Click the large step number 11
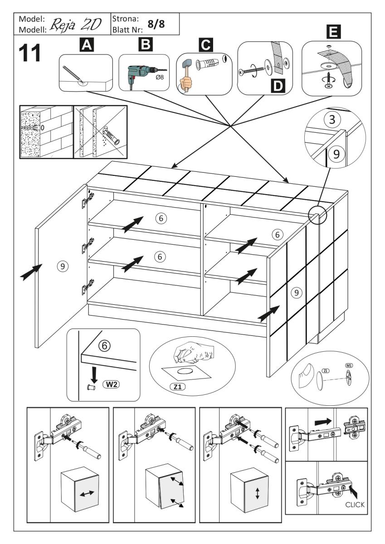point(29,53)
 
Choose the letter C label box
point(205,45)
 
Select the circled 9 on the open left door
point(65,267)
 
